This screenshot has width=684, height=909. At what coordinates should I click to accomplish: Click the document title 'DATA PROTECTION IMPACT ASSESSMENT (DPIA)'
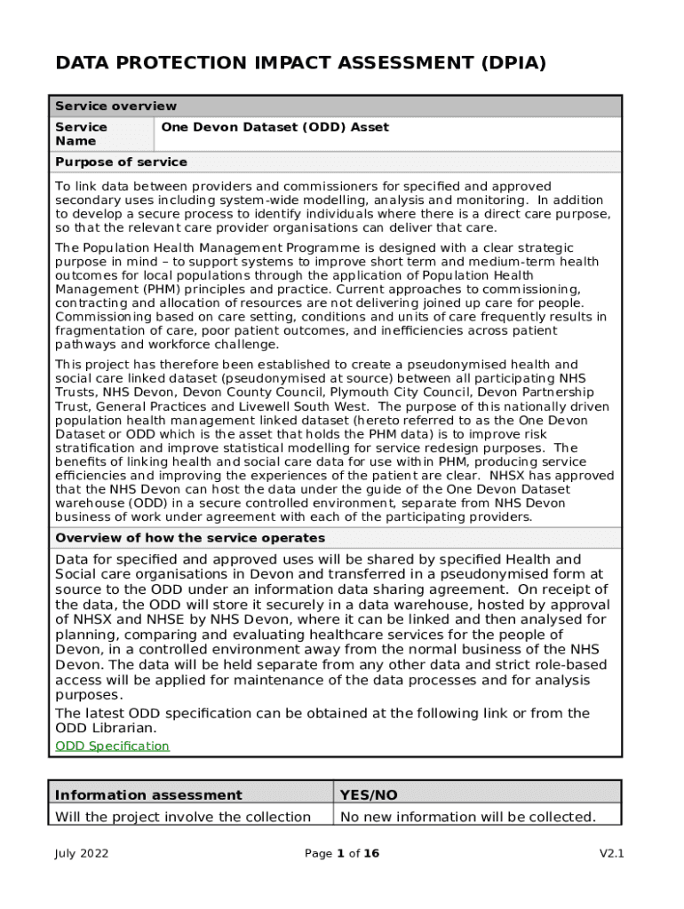click(x=300, y=63)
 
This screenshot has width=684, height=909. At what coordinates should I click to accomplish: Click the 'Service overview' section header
click(x=115, y=107)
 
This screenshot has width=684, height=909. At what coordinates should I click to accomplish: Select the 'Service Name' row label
click(x=82, y=134)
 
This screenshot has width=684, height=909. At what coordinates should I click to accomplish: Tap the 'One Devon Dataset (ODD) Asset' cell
click(x=274, y=128)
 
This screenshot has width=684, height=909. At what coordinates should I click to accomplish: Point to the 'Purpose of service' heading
click(x=121, y=162)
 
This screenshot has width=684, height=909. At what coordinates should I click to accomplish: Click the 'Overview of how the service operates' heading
click(x=190, y=538)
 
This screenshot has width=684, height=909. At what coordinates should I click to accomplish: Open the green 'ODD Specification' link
click(x=112, y=747)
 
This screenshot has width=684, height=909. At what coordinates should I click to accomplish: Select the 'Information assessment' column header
click(x=148, y=795)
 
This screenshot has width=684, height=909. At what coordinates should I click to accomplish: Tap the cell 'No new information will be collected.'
click(x=467, y=817)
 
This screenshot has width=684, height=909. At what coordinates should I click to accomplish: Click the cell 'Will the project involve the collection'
click(x=183, y=817)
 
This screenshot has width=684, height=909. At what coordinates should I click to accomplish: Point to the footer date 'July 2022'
click(x=82, y=854)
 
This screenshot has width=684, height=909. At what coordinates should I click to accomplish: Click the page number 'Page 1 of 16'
click(x=342, y=854)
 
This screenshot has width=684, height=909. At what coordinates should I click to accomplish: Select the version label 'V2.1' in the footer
click(x=612, y=854)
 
